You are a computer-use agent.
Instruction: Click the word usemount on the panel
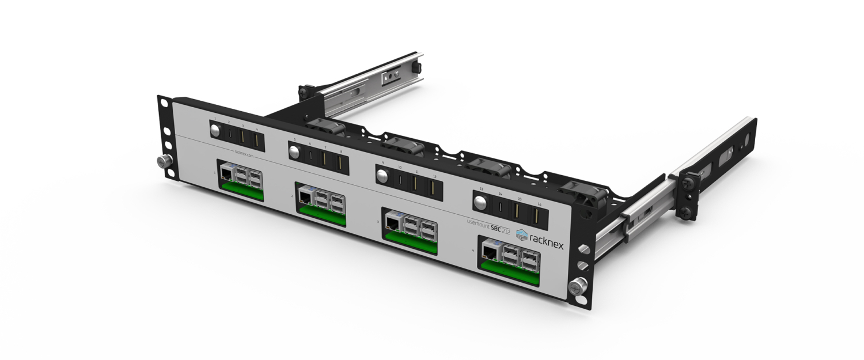click(x=478, y=222)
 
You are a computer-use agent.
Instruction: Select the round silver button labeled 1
click(x=215, y=130)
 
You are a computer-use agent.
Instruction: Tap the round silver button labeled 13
click(x=479, y=201)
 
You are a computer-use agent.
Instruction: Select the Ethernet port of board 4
click(x=490, y=251)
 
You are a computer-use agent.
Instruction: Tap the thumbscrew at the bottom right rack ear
click(x=577, y=286)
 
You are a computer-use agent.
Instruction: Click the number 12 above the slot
click(x=434, y=176)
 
